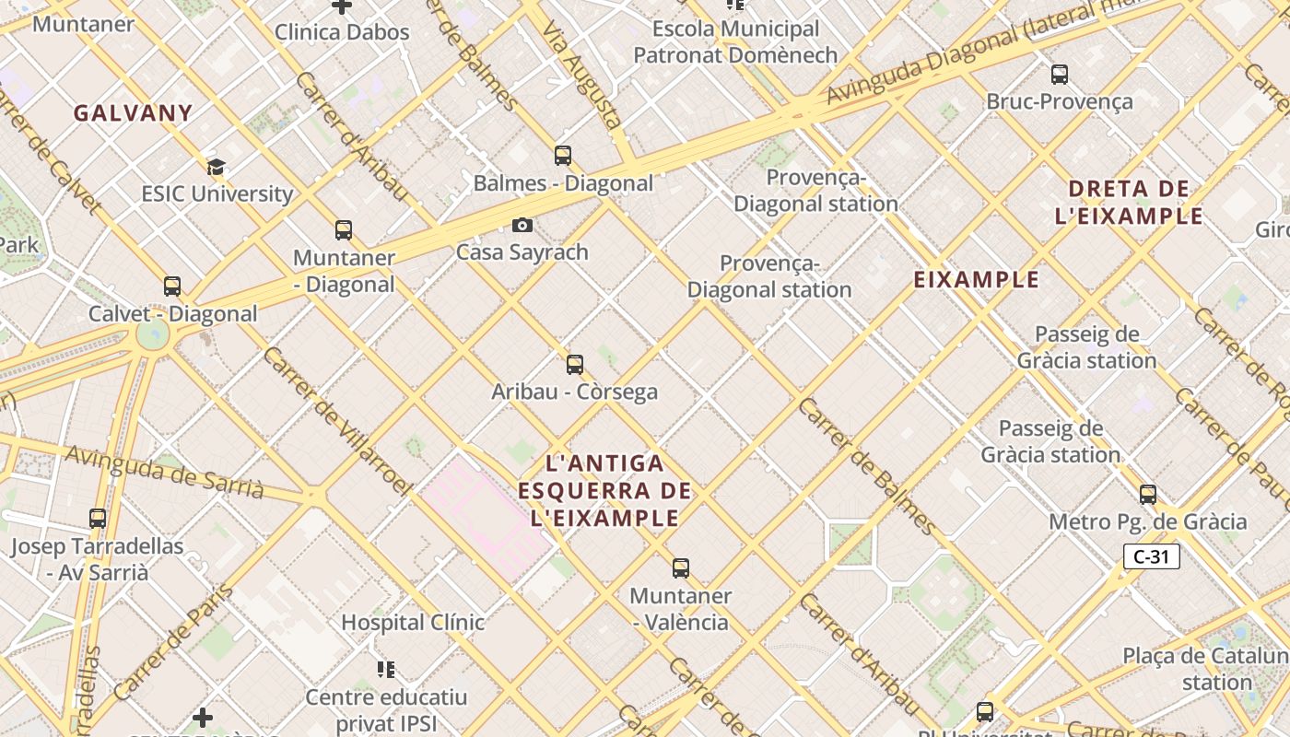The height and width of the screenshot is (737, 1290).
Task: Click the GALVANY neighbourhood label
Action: click(133, 113)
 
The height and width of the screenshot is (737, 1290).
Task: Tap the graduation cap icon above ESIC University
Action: click(216, 167)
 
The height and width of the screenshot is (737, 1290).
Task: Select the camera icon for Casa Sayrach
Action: click(522, 225)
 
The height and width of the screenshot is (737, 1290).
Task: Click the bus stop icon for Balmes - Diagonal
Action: click(562, 156)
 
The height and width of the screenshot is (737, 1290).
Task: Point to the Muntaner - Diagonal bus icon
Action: click(344, 230)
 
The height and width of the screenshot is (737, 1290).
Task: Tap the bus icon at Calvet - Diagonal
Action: click(172, 287)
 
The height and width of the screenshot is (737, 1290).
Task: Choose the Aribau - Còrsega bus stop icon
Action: click(575, 365)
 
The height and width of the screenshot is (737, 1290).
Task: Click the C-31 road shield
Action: click(1152, 556)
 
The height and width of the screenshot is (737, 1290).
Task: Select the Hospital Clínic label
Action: click(413, 623)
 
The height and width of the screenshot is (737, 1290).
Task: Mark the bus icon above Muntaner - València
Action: click(681, 568)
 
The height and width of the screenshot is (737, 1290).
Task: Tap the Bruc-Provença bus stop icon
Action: click(1060, 75)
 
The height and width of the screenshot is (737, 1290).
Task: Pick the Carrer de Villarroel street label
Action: click(335, 420)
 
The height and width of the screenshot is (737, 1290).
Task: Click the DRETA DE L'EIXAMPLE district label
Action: click(1130, 203)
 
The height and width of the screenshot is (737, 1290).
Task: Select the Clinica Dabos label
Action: click(342, 32)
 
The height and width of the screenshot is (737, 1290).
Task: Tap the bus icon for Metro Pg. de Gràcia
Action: click(1148, 495)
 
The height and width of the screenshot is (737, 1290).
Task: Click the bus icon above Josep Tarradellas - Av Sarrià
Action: click(98, 519)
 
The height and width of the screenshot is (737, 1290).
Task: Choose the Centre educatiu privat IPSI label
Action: click(386, 710)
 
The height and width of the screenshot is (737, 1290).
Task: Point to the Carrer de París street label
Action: click(174, 641)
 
